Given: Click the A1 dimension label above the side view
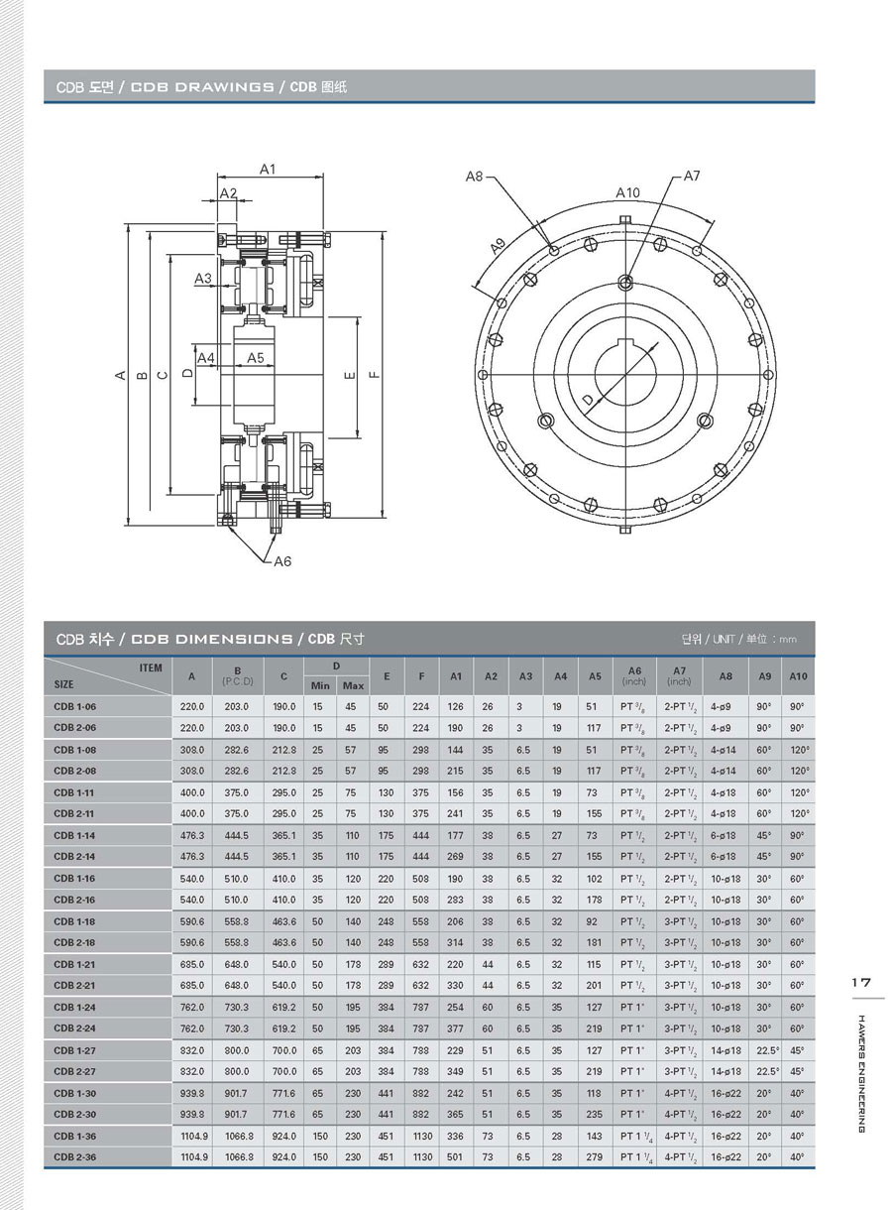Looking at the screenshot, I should click(x=268, y=170).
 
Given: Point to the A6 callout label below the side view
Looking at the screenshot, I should click(x=282, y=561).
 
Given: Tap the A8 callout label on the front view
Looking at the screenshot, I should click(x=474, y=177).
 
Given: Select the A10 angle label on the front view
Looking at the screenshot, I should click(x=627, y=192).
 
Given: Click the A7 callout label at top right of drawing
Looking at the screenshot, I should click(x=692, y=176).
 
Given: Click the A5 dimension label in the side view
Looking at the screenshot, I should click(x=255, y=357).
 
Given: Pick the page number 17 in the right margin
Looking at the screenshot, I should click(x=860, y=982).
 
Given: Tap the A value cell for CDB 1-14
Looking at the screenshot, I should click(x=192, y=835).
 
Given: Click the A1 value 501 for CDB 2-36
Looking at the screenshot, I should click(x=455, y=1156).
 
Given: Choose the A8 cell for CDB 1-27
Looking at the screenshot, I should click(x=725, y=1049).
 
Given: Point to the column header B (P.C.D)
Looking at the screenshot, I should click(x=237, y=675).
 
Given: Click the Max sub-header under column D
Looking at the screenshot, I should click(x=353, y=685).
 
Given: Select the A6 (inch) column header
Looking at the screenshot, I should click(x=633, y=675).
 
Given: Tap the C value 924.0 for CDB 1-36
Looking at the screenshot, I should click(x=283, y=1136).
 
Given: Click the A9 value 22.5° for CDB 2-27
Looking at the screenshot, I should click(x=768, y=1071).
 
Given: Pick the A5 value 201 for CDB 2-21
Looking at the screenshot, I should click(x=594, y=985).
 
